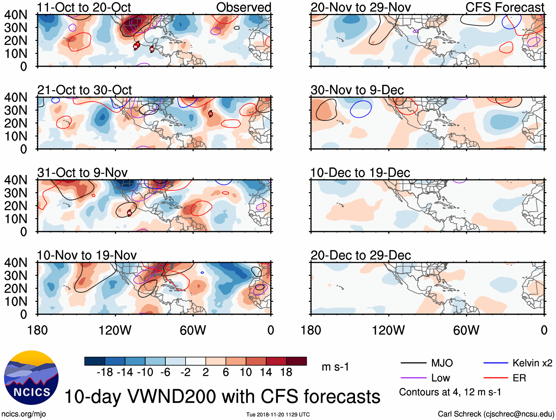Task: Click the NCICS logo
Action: pyautogui.click(x=31, y=377)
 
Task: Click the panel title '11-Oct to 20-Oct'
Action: pyautogui.click(x=84, y=7)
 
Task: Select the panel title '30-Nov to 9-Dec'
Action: pyautogui.click(x=357, y=90)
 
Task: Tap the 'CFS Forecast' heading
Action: pyautogui.click(x=504, y=7)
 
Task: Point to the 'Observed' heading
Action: pyautogui.click(x=243, y=7)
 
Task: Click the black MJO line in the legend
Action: pyautogui.click(x=414, y=363)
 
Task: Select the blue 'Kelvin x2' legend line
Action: pyautogui.click(x=496, y=363)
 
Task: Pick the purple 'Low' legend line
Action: pyautogui.click(x=414, y=378)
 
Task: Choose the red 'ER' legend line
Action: pyautogui.click(x=496, y=378)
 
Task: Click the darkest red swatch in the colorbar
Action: pyautogui.click(x=296, y=361)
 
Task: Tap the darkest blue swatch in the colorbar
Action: pyautogui.click(x=95, y=361)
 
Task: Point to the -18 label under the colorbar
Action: pyautogui.click(x=105, y=373)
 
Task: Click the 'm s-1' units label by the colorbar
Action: pyautogui.click(x=335, y=367)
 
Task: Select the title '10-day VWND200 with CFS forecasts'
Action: pyautogui.click(x=222, y=397)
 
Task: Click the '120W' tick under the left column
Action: pyautogui.click(x=115, y=330)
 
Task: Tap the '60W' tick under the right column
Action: pyautogui.click(x=466, y=330)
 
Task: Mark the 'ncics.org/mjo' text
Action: pyautogui.click(x=24, y=414)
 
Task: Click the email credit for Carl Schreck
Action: pyautogui.click(x=496, y=414)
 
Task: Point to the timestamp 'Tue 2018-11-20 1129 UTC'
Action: pyautogui.click(x=278, y=415)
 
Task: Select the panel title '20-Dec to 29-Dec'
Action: pyautogui.click(x=360, y=255)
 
